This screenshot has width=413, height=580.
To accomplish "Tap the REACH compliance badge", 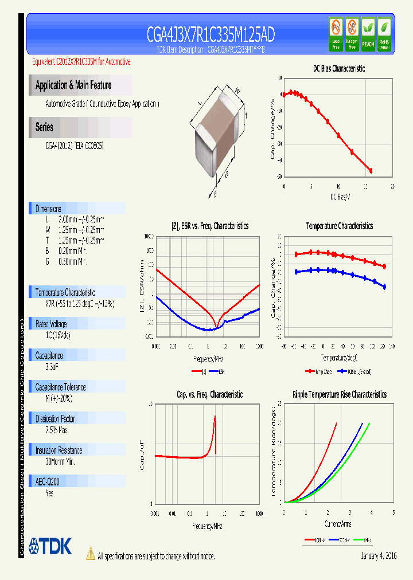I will click(x=368, y=34).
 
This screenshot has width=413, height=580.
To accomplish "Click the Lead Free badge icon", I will click(x=336, y=34).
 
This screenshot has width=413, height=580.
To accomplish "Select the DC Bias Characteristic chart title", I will click(x=338, y=68).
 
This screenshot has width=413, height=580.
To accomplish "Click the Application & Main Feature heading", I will click(x=73, y=85).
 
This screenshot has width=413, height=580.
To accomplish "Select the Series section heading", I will click(x=44, y=127).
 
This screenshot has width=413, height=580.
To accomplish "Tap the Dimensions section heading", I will click(x=48, y=209).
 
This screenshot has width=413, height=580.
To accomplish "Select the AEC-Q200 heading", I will click(x=49, y=482).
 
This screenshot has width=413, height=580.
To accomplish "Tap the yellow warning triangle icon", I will click(x=91, y=554).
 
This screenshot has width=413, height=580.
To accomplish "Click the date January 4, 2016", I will click(x=379, y=556).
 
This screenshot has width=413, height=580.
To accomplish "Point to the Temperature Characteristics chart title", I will click(x=339, y=226).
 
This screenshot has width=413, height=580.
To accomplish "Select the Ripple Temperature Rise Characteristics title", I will click(x=339, y=394).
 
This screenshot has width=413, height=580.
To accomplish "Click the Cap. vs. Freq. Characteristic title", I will click(x=209, y=394).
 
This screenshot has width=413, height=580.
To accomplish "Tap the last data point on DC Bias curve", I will click(x=371, y=171).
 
